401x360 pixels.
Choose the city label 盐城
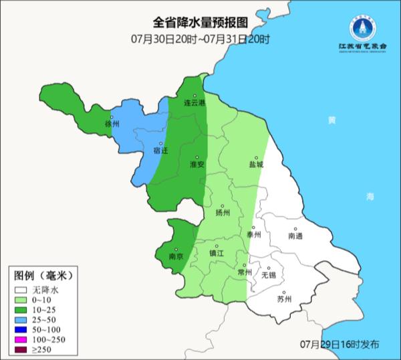[255, 164]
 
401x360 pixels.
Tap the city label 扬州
[223, 213]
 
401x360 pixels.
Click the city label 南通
[295, 236]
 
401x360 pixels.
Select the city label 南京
[177, 256]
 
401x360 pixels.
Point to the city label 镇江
[216, 254]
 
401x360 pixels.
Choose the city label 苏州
[284, 299]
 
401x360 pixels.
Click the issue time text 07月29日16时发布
[340, 344]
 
